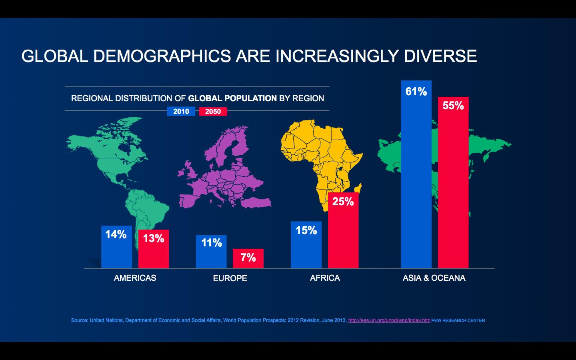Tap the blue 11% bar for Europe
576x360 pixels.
211,252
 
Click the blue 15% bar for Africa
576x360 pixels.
306,245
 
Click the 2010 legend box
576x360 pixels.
181,112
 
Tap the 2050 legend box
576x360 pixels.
213,112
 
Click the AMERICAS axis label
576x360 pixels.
135,278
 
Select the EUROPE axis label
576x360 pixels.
230,278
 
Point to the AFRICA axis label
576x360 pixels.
325,278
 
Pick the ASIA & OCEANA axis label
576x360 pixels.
434,278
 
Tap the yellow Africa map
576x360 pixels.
320,156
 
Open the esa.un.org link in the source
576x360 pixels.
389,320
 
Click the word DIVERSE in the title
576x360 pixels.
440,56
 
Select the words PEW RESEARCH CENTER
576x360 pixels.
458,320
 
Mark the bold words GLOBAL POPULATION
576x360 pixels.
232,98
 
